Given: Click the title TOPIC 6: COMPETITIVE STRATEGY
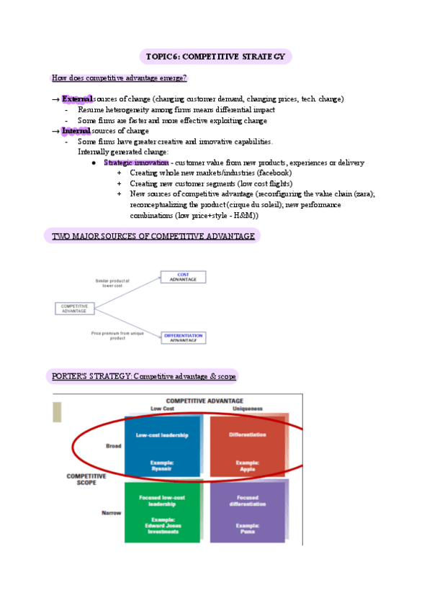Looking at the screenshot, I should coord(215,57).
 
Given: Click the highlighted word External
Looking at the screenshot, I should coord(77,99).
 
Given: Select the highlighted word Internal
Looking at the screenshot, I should coord(76,131).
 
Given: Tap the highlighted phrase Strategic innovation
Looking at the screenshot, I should coord(136,163).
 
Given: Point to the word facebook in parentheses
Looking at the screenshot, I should coord(272,173).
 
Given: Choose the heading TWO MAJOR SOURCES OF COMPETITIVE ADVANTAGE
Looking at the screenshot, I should coord(153,236).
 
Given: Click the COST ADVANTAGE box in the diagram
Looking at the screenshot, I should coord(183,277).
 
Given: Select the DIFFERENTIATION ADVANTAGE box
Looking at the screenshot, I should coord(183,337).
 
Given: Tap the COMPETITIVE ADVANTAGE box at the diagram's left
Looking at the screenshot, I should coord(75,308).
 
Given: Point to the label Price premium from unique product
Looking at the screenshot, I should coord(108,335).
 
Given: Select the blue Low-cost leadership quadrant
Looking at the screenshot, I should coord(162,446).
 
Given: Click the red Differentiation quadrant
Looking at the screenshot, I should coord(247,446).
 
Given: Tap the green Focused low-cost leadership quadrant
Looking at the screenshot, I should coord(162,512).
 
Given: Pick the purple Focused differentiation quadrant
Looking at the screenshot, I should coord(247,512).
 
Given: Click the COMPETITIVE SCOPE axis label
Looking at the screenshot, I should coord(86,480).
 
